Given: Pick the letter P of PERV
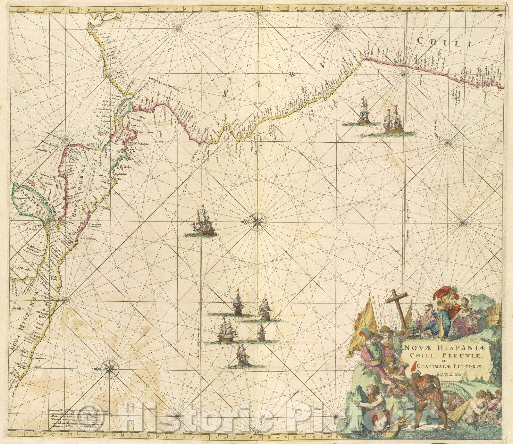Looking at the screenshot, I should tap(225, 93).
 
